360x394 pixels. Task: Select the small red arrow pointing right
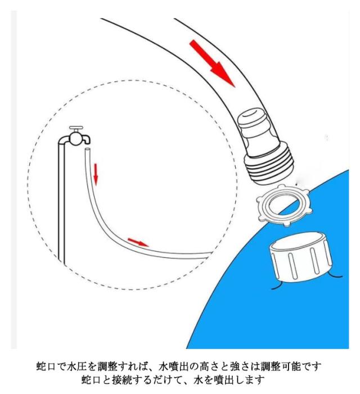tap(138, 242)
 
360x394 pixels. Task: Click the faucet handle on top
tap(76, 128)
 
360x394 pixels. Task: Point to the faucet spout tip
tap(88, 142)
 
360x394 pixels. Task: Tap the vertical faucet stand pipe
tap(61, 201)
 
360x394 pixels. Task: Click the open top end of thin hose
tap(88, 150)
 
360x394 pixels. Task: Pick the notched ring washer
tap(284, 205)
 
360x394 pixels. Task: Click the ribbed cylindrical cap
tap(301, 259)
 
